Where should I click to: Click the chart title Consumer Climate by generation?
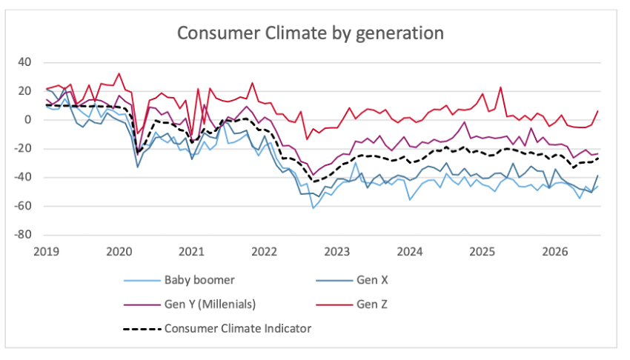(310, 33)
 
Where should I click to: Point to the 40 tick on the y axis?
(24, 62)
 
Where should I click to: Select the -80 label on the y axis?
(22, 235)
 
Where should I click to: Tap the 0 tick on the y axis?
(27, 119)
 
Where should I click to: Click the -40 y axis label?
(22, 177)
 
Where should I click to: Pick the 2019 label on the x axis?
(46, 252)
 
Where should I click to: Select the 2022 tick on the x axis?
(264, 252)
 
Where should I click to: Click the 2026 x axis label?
(555, 252)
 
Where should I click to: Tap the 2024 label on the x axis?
(409, 252)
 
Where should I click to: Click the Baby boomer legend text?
(199, 280)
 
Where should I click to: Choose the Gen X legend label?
(372, 280)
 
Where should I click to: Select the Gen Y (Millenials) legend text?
(210, 304)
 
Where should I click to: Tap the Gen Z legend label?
(371, 304)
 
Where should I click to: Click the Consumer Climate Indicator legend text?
(238, 328)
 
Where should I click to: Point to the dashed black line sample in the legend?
(142, 329)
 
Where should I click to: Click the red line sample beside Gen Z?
(334, 304)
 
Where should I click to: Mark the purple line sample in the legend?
(142, 304)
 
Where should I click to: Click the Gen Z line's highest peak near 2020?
(119, 73)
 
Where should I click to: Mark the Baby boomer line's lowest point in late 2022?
(313, 208)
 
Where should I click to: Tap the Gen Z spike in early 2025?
(500, 87)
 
